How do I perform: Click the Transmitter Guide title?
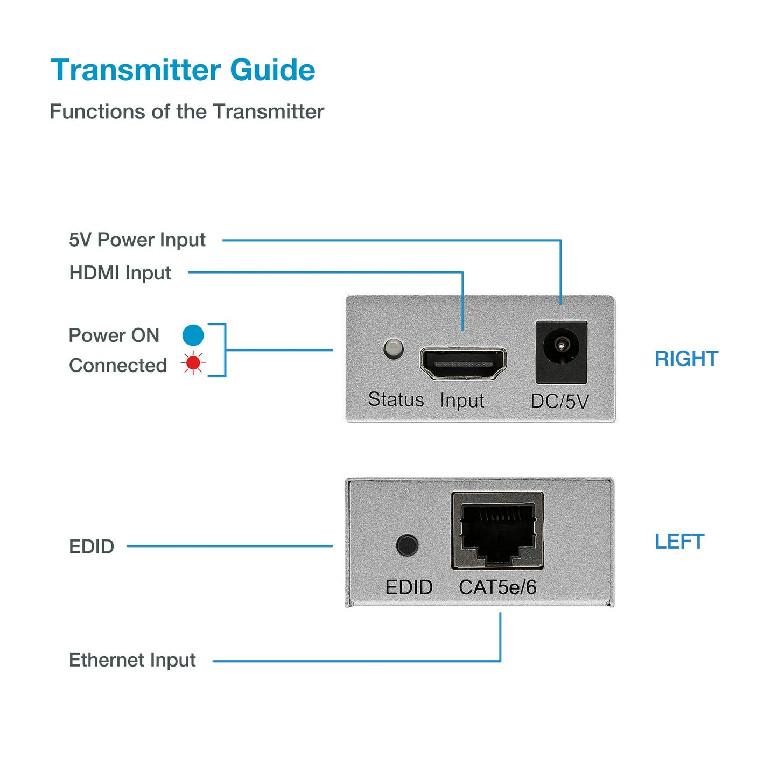pyautogui.click(x=183, y=70)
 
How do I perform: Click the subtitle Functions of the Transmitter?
pyautogui.click(x=186, y=112)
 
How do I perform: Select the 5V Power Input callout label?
pyautogui.click(x=137, y=240)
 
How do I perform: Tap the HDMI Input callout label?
pyautogui.click(x=120, y=272)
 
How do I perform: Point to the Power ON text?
pyautogui.click(x=114, y=335)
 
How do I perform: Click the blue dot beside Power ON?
pyautogui.click(x=193, y=335)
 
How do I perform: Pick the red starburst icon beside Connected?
pyautogui.click(x=193, y=363)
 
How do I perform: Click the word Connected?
pyautogui.click(x=117, y=365)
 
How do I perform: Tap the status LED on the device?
pyautogui.click(x=394, y=348)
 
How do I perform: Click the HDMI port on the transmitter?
pyautogui.click(x=462, y=363)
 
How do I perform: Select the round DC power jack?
pyautogui.click(x=561, y=345)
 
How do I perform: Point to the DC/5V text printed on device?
pyautogui.click(x=559, y=401)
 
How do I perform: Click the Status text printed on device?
pyautogui.click(x=396, y=399)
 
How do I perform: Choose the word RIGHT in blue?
pyautogui.click(x=686, y=359)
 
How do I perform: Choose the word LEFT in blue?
pyautogui.click(x=679, y=542)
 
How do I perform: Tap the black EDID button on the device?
pyautogui.click(x=407, y=545)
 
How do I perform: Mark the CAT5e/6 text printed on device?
pyautogui.click(x=497, y=587)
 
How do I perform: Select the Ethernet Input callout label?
pyautogui.click(x=132, y=660)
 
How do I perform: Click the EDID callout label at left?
pyautogui.click(x=92, y=546)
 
